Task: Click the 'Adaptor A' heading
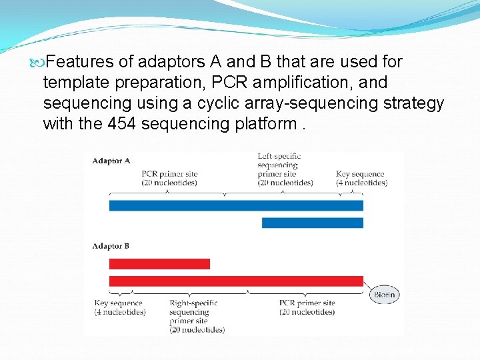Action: pos(111,161)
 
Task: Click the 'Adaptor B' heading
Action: pos(111,246)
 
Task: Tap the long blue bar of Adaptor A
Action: pos(236,205)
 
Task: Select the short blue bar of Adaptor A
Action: pos(312,223)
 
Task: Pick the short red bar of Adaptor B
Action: pos(159,264)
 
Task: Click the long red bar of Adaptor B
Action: pos(236,281)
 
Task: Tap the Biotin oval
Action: pos(384,294)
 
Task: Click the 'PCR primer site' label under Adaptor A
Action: pos(169,178)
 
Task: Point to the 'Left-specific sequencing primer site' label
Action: pos(285,169)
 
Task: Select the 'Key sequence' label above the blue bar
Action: pos(361,178)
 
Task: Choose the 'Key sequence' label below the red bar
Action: pos(119,307)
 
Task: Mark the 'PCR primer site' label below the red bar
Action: pos(307,307)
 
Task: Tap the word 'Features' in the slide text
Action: pos(80,62)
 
